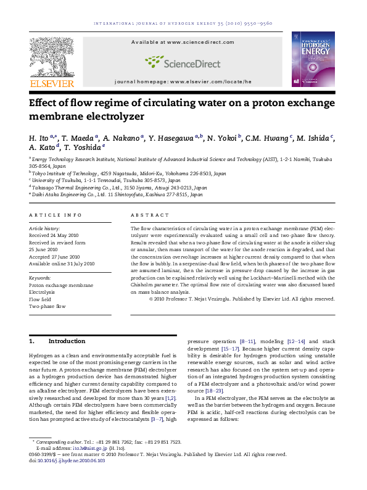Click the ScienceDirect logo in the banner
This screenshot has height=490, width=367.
coord(183,62)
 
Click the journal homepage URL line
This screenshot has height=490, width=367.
coord(183,81)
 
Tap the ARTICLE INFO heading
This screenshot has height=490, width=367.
coord(56,215)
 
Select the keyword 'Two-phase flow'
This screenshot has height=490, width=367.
coord(47,306)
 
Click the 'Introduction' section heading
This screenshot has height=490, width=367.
coord(67,341)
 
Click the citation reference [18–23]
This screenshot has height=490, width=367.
coord(214,391)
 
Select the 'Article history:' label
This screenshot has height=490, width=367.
coord(45,228)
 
